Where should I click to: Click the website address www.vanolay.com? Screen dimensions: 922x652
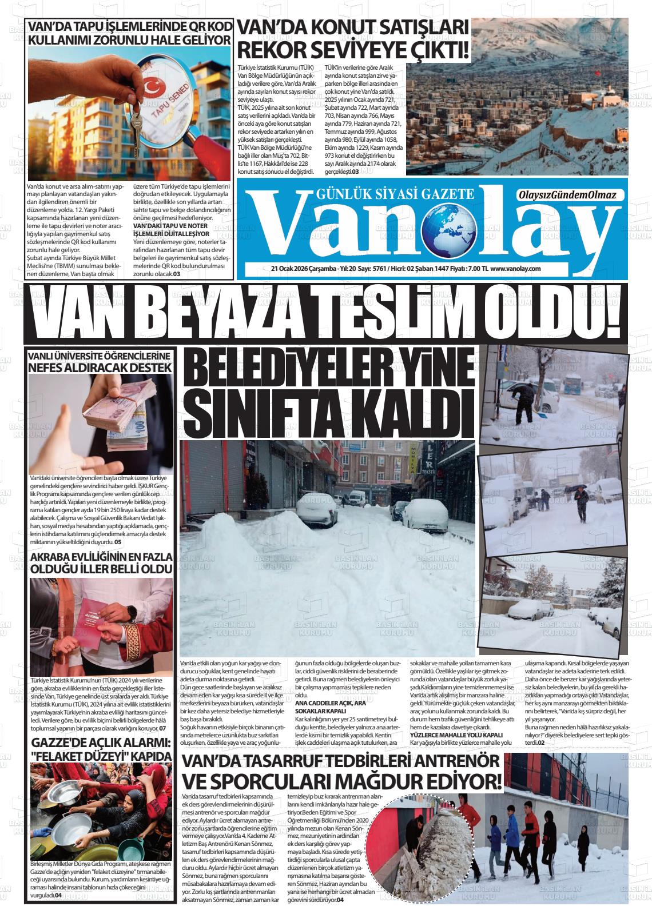pos(515,269)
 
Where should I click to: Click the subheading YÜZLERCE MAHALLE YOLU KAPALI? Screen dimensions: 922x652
pos(456,735)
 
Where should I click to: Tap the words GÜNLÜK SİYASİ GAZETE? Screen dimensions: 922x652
pos(395,193)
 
